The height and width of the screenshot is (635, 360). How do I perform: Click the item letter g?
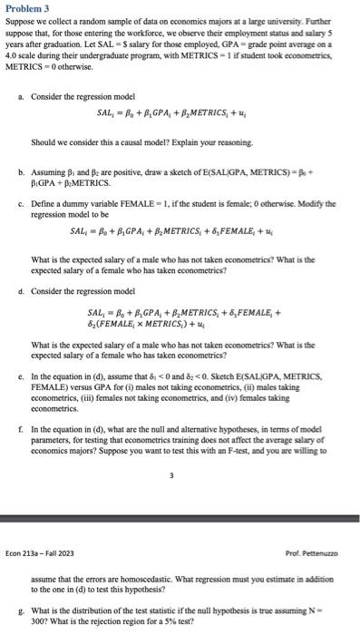tap(20, 611)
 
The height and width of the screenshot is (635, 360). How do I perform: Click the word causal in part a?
tap(128, 142)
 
